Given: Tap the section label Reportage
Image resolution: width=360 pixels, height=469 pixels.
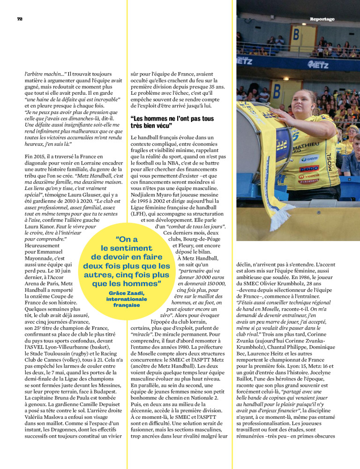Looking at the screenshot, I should [322, 19].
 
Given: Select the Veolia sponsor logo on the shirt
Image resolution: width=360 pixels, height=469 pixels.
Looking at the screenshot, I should [310, 176].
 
